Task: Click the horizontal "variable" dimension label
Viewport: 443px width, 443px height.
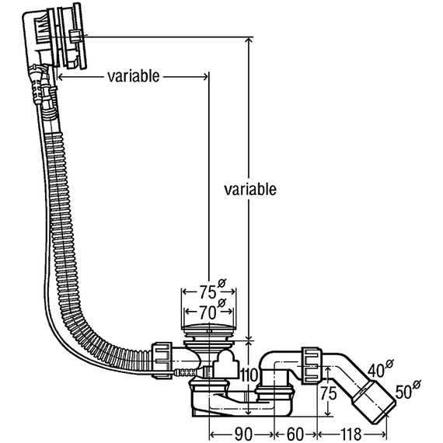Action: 134,76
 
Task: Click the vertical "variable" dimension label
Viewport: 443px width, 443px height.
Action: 250,189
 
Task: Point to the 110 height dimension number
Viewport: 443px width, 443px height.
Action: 249,375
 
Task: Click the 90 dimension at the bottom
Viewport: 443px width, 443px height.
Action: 243,434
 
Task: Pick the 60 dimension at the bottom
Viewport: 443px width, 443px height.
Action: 295,434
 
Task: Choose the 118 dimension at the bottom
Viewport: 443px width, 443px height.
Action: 351,434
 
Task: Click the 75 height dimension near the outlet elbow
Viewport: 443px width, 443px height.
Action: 328,393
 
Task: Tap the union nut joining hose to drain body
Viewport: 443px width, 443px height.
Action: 162,361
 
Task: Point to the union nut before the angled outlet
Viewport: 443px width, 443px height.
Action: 312,365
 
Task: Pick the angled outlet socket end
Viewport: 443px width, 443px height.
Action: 374,402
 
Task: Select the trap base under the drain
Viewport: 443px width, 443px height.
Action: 242,401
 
